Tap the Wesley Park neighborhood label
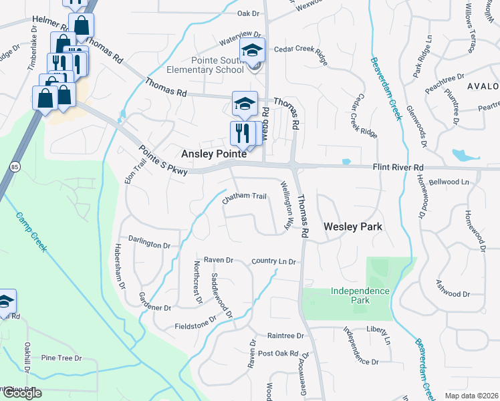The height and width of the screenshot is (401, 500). (x=353, y=227)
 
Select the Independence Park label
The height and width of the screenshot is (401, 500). (x=360, y=295)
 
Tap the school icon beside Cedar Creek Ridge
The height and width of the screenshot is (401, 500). (x=253, y=50)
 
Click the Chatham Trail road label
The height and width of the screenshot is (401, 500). (x=245, y=196)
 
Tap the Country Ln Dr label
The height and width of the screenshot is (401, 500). (x=274, y=261)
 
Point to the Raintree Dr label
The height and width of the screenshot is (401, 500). (x=285, y=336)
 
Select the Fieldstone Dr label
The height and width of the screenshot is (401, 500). (x=195, y=323)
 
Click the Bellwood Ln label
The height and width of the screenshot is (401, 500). (x=449, y=182)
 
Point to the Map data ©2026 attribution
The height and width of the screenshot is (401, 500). (x=471, y=396)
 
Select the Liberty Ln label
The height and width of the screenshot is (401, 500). (x=378, y=329)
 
